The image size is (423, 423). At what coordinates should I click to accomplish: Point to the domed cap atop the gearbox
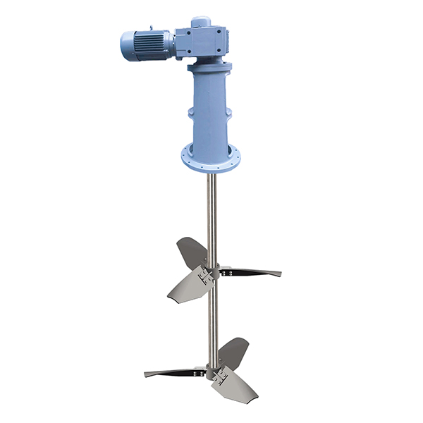coord(201,20)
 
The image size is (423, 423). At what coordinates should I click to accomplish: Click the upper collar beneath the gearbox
coord(210,67)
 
